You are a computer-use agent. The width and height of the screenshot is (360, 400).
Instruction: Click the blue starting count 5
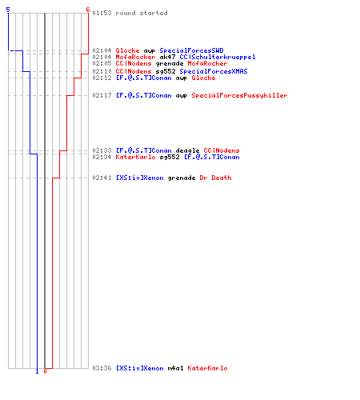coord(8,10)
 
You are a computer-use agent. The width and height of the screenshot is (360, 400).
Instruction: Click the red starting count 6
coord(88,10)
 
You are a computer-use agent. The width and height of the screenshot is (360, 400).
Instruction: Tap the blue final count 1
coord(37,371)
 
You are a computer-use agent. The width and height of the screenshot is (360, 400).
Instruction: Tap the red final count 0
coord(45,371)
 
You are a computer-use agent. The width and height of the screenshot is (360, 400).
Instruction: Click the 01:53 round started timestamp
coord(102,13)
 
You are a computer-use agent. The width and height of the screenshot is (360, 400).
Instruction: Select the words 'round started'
coord(142,13)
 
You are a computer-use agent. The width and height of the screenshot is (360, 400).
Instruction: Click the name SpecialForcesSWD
coord(191,50)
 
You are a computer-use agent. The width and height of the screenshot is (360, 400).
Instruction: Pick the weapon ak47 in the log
coord(167,57)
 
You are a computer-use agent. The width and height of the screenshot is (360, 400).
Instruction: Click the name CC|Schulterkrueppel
coord(218,57)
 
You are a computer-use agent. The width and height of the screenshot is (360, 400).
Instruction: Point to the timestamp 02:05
coord(102,63)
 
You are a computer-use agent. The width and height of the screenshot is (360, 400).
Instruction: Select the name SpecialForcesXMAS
coord(214,71)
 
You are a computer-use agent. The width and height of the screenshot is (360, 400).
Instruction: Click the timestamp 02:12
coord(102,78)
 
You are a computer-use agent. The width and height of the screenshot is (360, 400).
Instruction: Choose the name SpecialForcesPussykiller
coord(239,95)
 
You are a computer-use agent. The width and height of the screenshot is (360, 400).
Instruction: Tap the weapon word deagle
coord(187,150)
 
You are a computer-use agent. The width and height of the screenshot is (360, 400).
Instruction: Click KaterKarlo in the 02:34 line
coord(135,157)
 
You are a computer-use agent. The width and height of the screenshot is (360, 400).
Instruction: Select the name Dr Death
coord(215,178)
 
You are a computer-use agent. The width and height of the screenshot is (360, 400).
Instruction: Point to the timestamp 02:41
coord(102,178)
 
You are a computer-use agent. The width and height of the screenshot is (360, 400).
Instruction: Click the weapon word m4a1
coord(175,368)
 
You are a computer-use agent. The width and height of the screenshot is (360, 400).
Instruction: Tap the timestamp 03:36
coord(102,368)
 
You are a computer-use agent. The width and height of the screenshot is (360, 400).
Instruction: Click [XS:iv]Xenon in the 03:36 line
coord(140,368)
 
